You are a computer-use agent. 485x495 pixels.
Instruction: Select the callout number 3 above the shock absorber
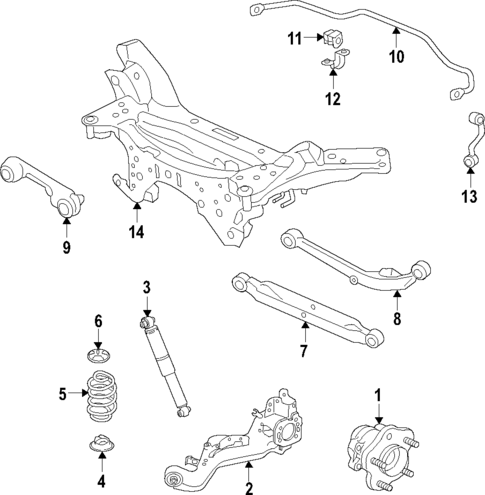pos(146,289)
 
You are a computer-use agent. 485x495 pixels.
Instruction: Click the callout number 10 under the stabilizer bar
pos(396,56)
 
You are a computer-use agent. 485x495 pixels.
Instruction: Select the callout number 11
pos(294,39)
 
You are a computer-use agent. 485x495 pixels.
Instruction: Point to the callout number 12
pos(332,99)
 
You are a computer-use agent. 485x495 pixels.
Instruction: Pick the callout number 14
pos(135,233)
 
